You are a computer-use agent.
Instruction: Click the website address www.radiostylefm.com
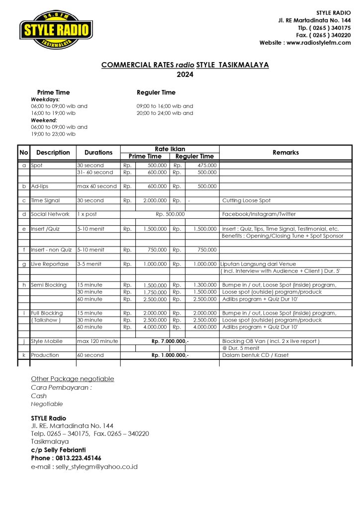pyautogui.click(x=318, y=43)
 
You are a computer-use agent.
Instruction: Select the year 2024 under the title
pyautogui.click(x=185, y=75)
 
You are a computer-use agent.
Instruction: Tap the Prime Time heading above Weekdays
pyautogui.click(x=53, y=92)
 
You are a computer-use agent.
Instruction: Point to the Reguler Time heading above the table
pyautogui.click(x=156, y=92)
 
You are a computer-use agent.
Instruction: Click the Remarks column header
pyautogui.click(x=285, y=153)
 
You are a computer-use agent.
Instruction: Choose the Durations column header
pyautogui.click(x=98, y=153)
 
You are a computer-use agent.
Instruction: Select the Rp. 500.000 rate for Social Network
pyautogui.click(x=170, y=214)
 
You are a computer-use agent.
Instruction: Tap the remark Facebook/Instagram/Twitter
pyautogui.click(x=259, y=214)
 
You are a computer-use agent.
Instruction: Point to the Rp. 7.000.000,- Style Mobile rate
pyautogui.click(x=170, y=341)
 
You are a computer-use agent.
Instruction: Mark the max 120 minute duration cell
pyautogui.click(x=97, y=341)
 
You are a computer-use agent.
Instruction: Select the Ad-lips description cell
pyautogui.click(x=40, y=186)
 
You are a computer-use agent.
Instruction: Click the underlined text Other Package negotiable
pyautogui.click(x=73, y=379)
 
